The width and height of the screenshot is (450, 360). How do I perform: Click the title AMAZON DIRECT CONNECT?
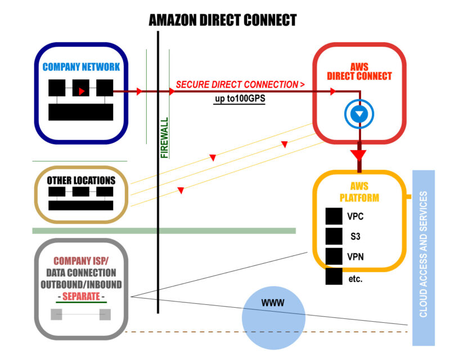[222, 21]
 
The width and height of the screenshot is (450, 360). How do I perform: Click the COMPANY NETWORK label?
[81, 67]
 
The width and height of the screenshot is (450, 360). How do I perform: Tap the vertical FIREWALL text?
[164, 138]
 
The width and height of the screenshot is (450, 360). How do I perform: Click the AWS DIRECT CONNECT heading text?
[359, 71]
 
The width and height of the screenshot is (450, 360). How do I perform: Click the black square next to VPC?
[334, 216]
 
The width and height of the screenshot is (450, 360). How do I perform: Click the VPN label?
[355, 256]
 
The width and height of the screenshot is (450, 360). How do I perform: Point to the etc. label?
[355, 278]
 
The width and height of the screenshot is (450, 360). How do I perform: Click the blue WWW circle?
[273, 318]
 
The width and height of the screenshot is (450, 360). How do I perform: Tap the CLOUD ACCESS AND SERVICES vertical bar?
[424, 258]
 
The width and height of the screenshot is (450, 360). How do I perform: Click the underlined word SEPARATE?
[81, 295]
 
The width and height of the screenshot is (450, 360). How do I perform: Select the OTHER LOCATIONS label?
[81, 181]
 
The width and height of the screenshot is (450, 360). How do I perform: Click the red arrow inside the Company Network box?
[82, 90]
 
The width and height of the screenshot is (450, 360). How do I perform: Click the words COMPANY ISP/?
[81, 261]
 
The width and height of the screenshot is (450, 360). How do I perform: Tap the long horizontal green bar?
[164, 231]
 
